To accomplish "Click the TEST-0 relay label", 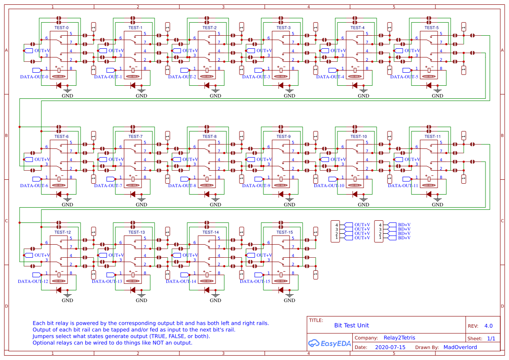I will (x=61, y=27).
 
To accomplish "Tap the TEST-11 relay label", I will (x=432, y=136).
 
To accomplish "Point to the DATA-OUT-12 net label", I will (x=33, y=281).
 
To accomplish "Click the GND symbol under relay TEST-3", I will (x=290, y=94).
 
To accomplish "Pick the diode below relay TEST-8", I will (x=207, y=194).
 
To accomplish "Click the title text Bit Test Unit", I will (x=351, y=325).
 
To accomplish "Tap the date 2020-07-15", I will (x=390, y=347).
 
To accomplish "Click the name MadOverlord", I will (x=460, y=347).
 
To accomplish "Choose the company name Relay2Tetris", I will (x=400, y=338).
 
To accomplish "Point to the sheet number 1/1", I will (x=491, y=338).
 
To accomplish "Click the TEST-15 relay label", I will (x=284, y=232).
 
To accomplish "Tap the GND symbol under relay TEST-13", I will (x=142, y=298).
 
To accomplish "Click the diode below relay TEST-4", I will (x=355, y=85).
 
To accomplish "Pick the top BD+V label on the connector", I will (x=404, y=225).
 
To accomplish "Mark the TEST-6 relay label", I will (x=61, y=136).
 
